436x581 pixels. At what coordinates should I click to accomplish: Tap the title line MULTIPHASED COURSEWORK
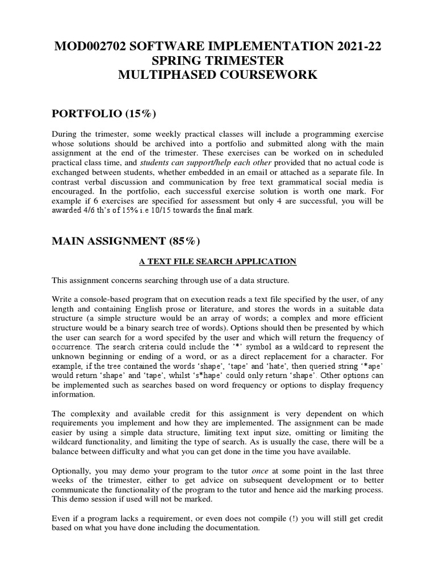[x=217, y=74]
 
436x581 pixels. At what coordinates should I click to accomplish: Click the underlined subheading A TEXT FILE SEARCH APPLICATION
[x=218, y=262]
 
